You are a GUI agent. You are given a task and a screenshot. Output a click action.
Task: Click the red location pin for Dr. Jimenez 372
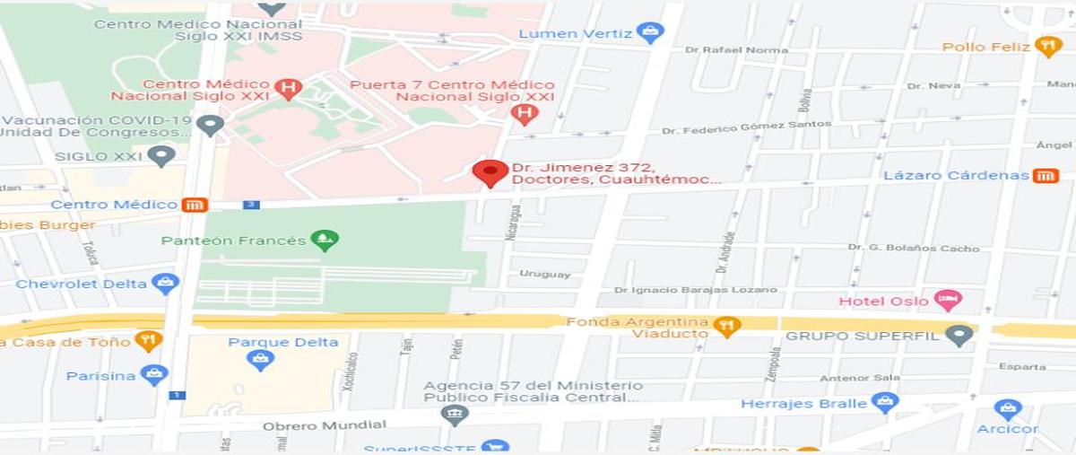(490, 171)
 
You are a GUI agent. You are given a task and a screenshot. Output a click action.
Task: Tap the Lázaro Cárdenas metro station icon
(1045, 175)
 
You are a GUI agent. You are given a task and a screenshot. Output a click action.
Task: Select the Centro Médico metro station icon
(195, 205)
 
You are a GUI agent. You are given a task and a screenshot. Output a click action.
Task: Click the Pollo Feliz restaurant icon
(1048, 46)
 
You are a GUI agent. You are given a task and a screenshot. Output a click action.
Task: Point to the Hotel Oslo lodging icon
(946, 300)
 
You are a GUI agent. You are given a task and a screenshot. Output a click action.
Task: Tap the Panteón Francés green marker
(324, 240)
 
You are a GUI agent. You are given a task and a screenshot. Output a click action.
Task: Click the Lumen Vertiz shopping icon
(650, 34)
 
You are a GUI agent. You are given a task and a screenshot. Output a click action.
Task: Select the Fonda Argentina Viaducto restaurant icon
(726, 326)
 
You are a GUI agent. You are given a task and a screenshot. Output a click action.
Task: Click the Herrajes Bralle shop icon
(884, 403)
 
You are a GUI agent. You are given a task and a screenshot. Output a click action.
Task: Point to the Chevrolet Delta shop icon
(165, 284)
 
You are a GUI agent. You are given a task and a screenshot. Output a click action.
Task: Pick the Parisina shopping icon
(153, 375)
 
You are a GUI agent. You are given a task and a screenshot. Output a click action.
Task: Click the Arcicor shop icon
(1008, 409)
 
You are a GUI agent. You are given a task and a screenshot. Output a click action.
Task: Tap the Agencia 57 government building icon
(455, 414)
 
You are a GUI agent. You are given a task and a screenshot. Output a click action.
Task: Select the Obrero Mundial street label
(324, 425)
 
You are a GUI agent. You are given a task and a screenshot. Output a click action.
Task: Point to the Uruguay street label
(544, 274)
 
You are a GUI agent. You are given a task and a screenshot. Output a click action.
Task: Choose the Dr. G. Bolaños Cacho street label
(914, 248)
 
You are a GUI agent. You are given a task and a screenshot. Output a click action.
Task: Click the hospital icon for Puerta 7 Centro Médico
(524, 114)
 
